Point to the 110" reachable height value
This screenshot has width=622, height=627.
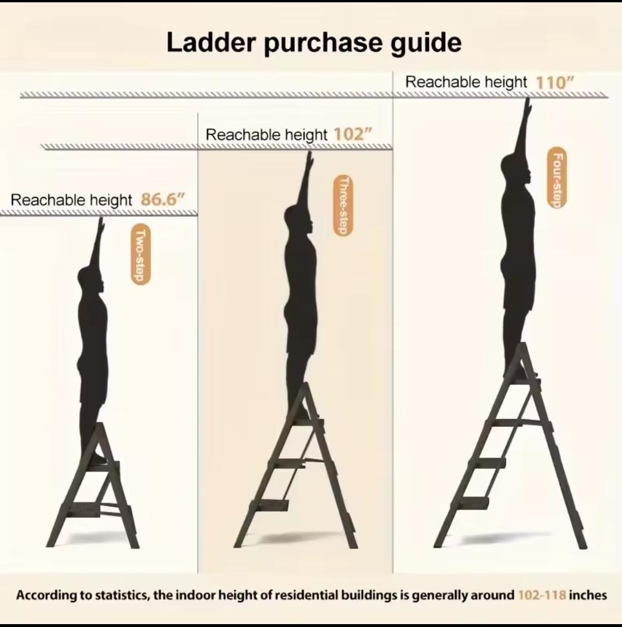(x=555, y=82)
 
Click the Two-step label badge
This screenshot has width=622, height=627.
(x=140, y=254)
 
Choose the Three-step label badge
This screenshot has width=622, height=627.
(x=343, y=206)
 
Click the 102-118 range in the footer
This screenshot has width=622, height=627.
(x=541, y=595)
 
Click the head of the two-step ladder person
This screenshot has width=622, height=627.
(x=91, y=282)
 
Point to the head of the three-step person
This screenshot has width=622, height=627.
(x=298, y=219)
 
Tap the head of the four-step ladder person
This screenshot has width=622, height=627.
(x=516, y=168)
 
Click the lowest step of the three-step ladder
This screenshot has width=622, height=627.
(x=271, y=504)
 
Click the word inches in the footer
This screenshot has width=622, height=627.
(x=587, y=595)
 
